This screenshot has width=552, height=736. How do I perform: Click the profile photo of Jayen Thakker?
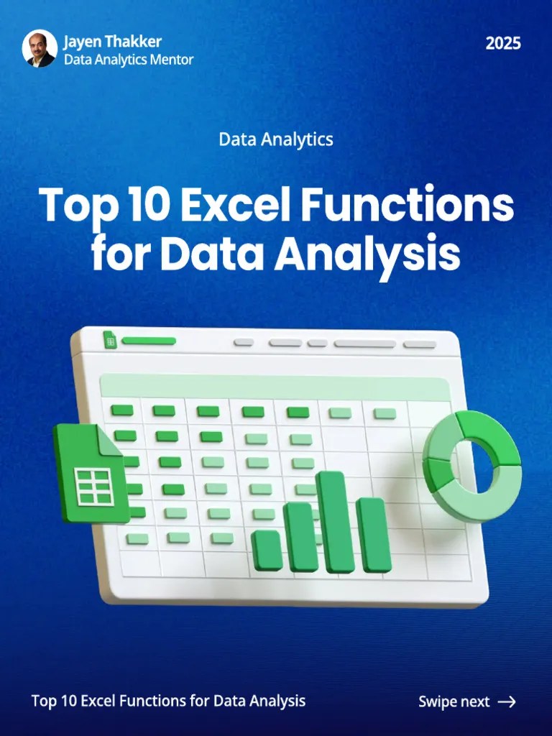[39, 49]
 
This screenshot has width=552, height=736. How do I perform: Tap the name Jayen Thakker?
[112, 42]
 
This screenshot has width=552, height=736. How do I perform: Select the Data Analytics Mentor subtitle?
[129, 60]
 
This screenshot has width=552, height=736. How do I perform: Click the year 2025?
[503, 43]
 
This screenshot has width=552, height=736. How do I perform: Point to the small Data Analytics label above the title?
[276, 139]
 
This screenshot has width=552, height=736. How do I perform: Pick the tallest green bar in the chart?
[335, 522]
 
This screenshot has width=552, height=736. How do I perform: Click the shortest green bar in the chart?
[267, 551]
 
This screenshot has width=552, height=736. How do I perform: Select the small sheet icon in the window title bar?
[110, 340]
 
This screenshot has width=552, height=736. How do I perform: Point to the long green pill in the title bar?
[149, 341]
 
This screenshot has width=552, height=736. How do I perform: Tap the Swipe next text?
[454, 701]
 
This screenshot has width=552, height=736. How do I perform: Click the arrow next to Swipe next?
[507, 701]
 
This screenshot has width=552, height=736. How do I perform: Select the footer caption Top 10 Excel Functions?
[168, 701]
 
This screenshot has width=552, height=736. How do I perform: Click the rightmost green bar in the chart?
[373, 535]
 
